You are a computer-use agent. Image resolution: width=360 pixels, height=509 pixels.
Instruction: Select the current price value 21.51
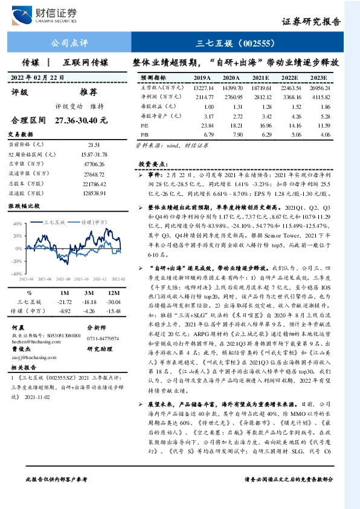[93, 145]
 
